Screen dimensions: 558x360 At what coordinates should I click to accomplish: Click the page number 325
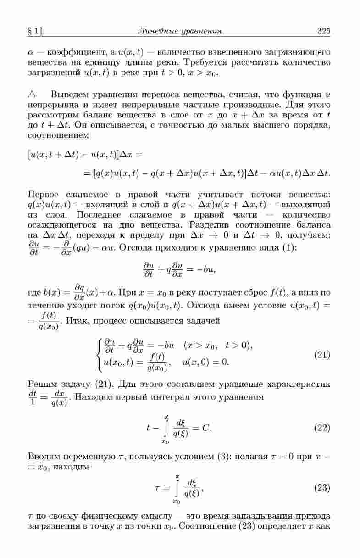323,31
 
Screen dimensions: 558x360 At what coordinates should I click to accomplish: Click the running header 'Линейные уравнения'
180,31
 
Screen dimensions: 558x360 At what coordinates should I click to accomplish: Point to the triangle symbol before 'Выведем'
32,95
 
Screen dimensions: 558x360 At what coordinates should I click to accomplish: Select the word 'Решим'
41,384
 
